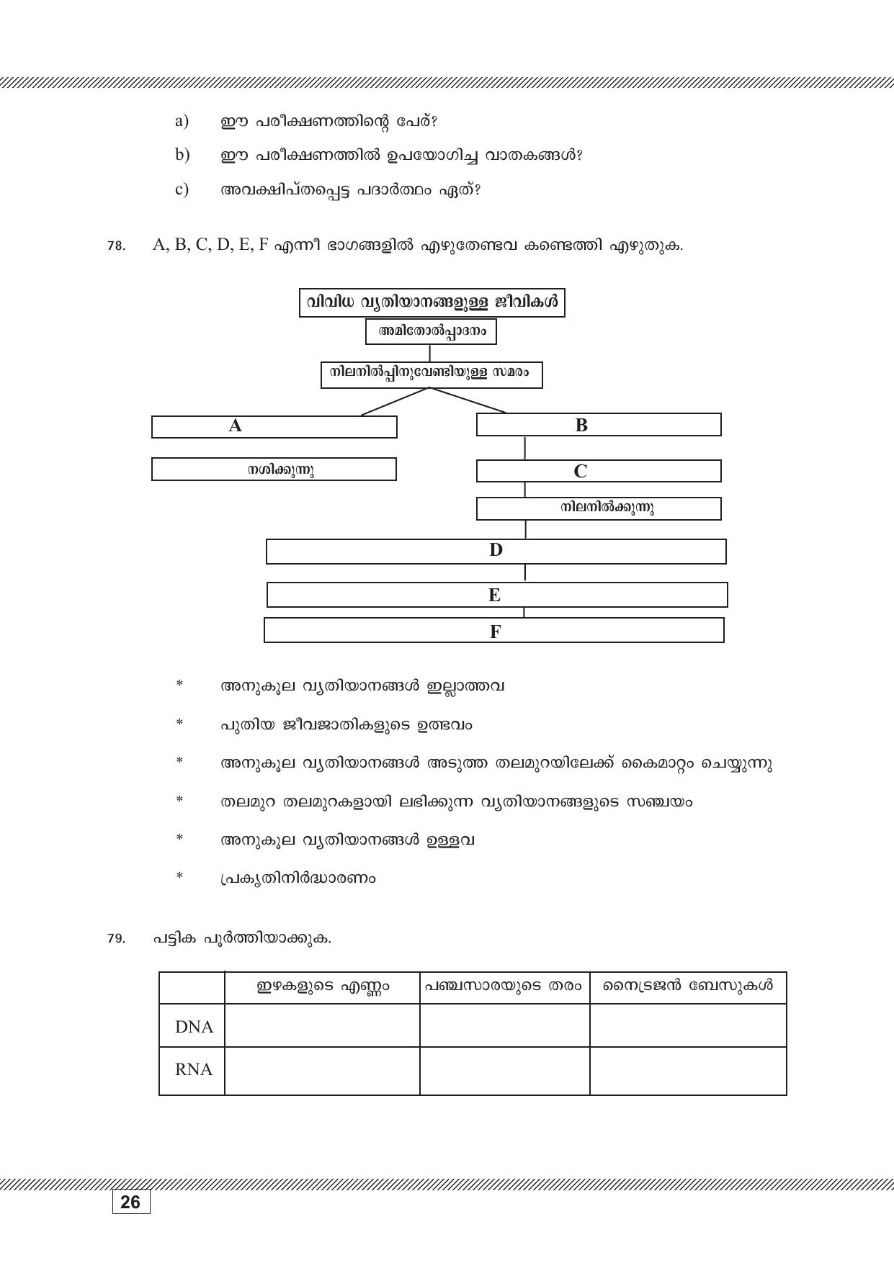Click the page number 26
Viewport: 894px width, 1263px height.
(130, 1203)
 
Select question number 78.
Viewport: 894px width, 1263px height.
(115, 246)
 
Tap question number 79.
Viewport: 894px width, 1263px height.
(115, 939)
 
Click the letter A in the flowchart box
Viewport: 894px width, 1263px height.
(236, 426)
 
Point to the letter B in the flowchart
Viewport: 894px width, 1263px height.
(581, 425)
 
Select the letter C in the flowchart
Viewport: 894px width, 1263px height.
(581, 472)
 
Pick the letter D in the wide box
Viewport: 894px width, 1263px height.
(496, 551)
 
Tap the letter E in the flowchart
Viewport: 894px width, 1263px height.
(494, 595)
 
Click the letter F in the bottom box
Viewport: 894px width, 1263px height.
(495, 632)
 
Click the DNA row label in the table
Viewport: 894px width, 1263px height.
(194, 1027)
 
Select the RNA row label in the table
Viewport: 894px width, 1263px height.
(194, 1070)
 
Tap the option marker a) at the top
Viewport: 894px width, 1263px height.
(182, 121)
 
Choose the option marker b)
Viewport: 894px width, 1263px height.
(182, 155)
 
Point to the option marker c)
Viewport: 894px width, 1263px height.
(182, 189)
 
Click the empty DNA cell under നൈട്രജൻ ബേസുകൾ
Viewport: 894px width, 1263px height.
(687, 1026)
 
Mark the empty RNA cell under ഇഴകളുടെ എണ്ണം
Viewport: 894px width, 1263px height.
(322, 1071)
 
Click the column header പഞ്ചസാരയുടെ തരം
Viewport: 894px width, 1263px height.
(504, 986)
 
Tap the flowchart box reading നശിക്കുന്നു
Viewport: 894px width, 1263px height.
(274, 469)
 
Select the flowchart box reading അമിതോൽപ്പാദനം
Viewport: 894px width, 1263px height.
(431, 332)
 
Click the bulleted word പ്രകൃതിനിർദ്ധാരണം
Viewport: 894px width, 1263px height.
(298, 878)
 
